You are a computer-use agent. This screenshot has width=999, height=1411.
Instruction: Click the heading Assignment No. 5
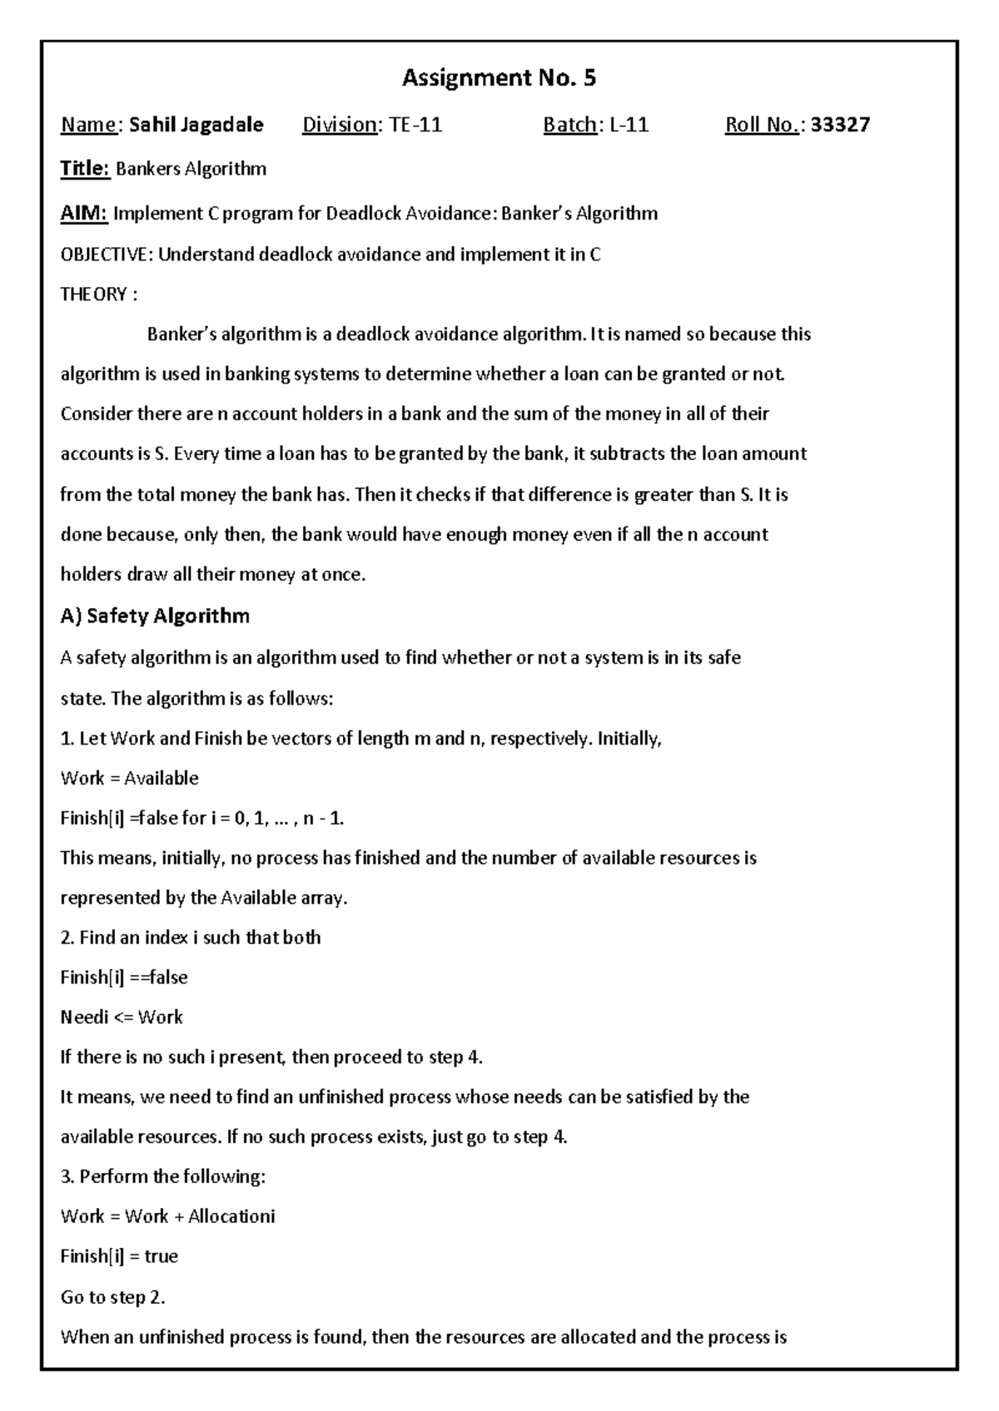click(x=499, y=78)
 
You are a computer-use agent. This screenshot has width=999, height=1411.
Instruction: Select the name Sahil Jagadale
click(x=196, y=125)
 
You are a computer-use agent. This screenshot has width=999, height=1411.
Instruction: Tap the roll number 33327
click(x=840, y=125)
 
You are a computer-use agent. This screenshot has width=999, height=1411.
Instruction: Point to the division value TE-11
click(x=416, y=125)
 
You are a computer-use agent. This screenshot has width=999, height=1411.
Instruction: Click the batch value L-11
click(x=629, y=125)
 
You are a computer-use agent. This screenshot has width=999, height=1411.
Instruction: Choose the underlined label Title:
click(x=85, y=169)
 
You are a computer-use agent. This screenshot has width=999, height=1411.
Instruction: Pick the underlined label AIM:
click(x=84, y=214)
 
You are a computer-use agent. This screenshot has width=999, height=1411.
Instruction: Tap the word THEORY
click(x=93, y=295)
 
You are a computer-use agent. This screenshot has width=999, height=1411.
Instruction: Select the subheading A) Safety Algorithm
click(x=155, y=616)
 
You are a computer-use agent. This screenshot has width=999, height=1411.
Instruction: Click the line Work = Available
click(x=130, y=778)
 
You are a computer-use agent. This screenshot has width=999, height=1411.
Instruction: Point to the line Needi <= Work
click(x=122, y=1017)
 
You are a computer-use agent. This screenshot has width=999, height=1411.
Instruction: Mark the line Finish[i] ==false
click(x=124, y=977)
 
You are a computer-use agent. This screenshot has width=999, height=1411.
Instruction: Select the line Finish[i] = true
click(x=119, y=1255)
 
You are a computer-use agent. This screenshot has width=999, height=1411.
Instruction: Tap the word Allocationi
click(x=231, y=1215)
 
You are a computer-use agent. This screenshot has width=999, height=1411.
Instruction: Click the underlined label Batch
click(x=569, y=125)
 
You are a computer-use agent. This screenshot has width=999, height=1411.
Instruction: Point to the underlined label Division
click(x=340, y=125)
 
